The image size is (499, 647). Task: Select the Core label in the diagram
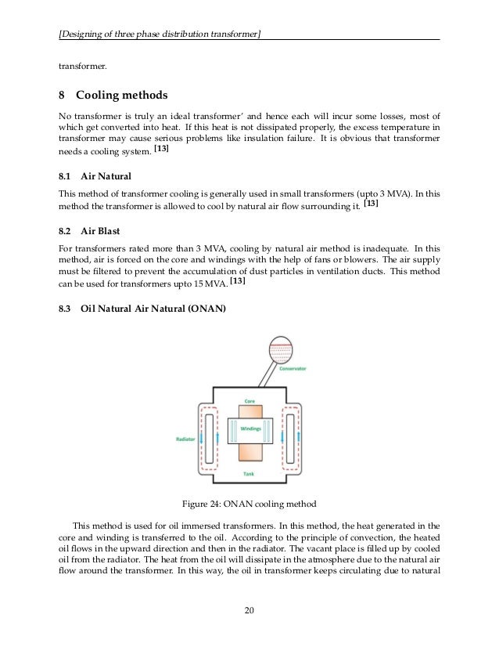click(x=249, y=400)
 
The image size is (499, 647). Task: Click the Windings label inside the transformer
click(x=249, y=428)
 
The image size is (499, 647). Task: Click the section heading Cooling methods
click(x=121, y=96)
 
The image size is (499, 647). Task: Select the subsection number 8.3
click(x=66, y=309)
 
